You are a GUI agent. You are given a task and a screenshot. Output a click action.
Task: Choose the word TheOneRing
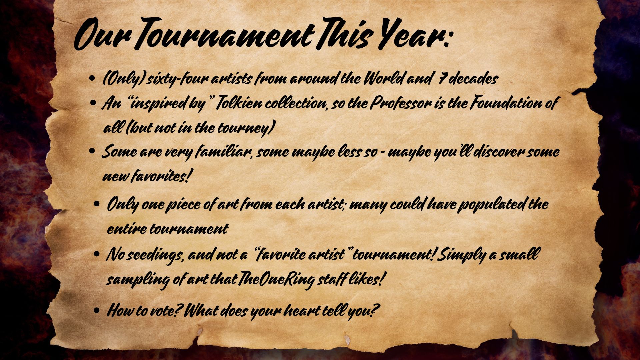pos(275,280)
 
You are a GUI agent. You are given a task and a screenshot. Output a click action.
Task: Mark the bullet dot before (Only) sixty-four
pos(93,79)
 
